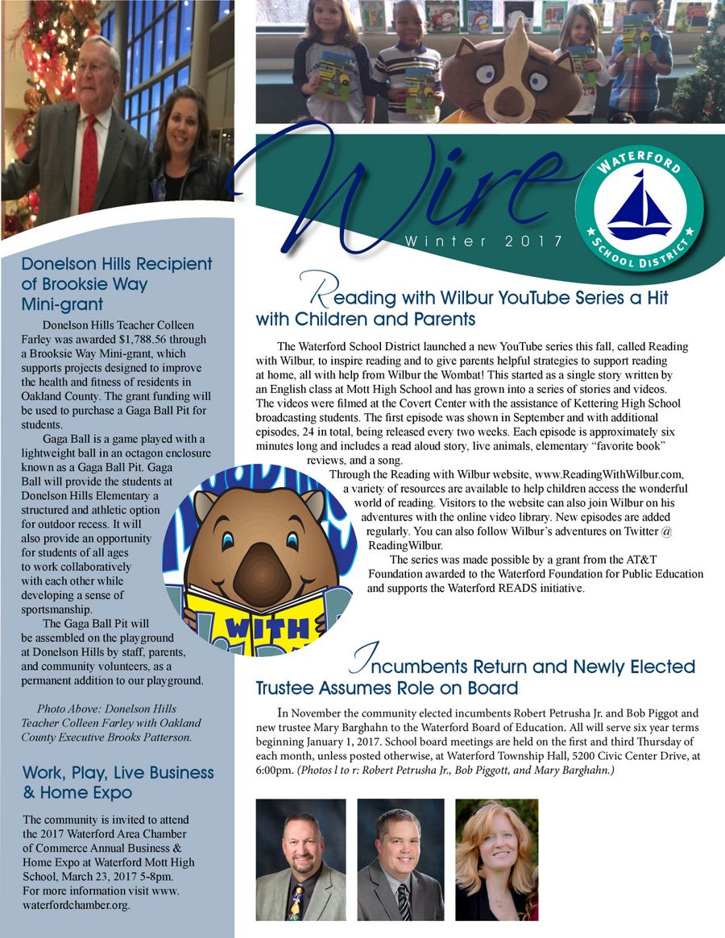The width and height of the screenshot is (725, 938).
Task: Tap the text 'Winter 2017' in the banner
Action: (473, 241)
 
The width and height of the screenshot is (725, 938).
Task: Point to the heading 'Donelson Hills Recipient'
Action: (117, 263)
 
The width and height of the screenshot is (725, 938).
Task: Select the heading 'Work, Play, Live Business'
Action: (118, 772)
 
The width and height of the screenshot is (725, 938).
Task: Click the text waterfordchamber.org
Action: (77, 904)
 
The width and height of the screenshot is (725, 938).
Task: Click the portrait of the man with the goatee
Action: (300, 859)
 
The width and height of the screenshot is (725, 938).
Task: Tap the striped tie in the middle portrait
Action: (404, 901)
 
